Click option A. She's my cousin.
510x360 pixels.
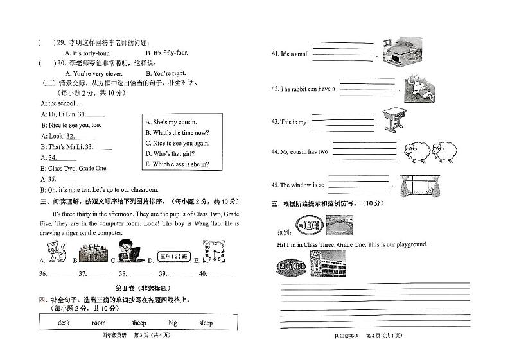[x=171, y=122]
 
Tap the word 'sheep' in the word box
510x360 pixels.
[x=138, y=323]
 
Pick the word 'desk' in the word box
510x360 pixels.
[x=64, y=323]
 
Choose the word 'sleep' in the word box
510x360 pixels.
[x=206, y=323]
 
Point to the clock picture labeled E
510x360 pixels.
[x=213, y=251]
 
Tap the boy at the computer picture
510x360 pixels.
[x=130, y=251]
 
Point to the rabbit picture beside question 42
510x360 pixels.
[x=421, y=87]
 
